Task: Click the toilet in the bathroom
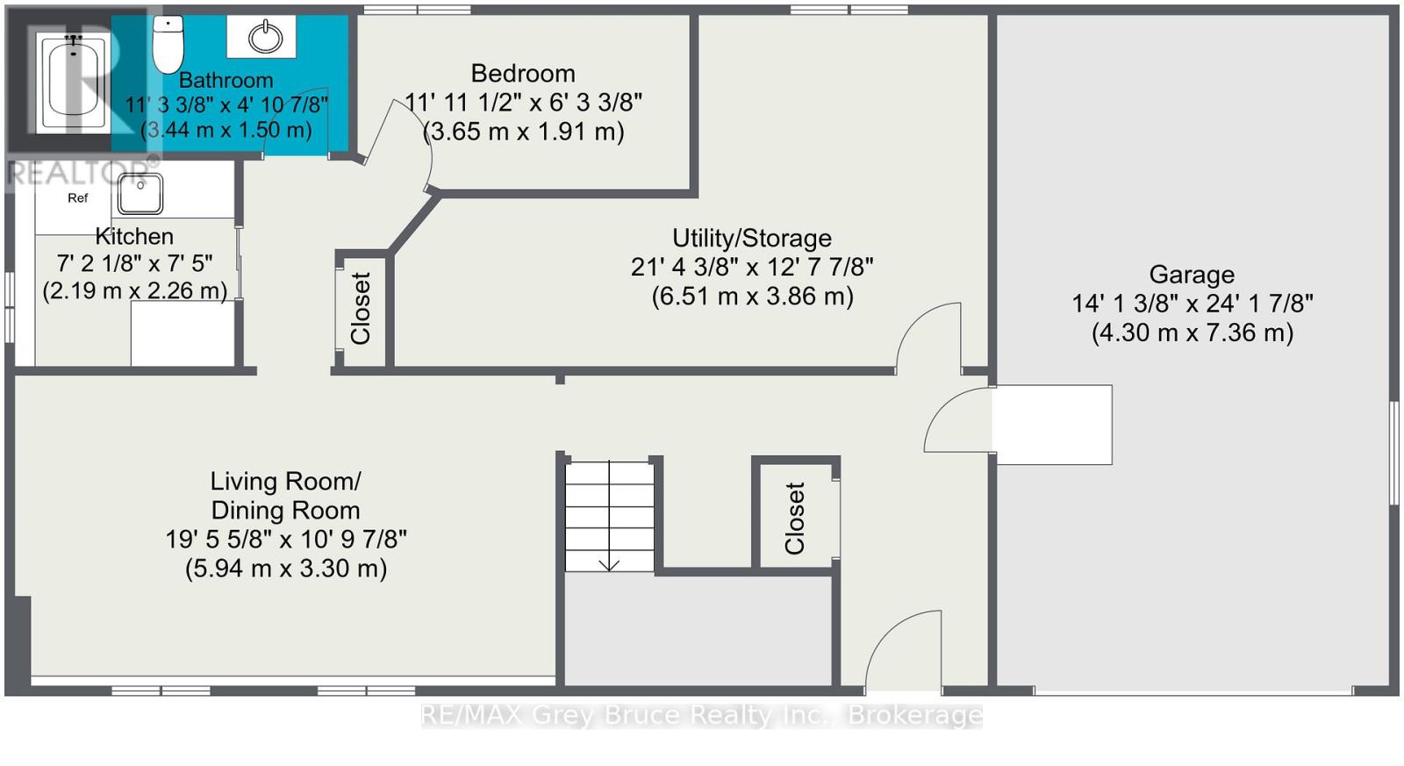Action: click(168, 44)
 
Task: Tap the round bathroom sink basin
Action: click(265, 37)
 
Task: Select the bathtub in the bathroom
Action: click(74, 82)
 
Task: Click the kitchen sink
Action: click(140, 194)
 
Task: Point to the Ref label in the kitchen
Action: click(78, 198)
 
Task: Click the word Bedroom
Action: click(523, 74)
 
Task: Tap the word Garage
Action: click(1192, 275)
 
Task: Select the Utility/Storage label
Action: click(751, 238)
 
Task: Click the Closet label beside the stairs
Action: click(794, 518)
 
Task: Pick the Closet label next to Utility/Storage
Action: click(361, 308)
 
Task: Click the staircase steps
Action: click(609, 516)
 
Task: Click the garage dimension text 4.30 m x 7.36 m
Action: click(1193, 333)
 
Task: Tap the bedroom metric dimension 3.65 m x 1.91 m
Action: click(523, 132)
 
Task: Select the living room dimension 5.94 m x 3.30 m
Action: click(286, 569)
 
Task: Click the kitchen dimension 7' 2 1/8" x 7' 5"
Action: click(135, 264)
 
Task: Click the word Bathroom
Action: click(226, 80)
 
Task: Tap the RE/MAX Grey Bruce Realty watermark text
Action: click(702, 714)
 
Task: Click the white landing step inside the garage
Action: click(1053, 425)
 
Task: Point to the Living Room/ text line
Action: click(285, 482)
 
